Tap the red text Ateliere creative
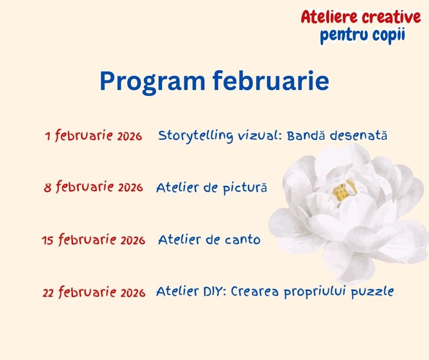[361, 17]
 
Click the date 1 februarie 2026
[94, 136]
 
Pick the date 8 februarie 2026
[93, 187]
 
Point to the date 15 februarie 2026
[94, 240]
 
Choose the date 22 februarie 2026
[94, 293]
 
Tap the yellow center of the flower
[341, 192]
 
